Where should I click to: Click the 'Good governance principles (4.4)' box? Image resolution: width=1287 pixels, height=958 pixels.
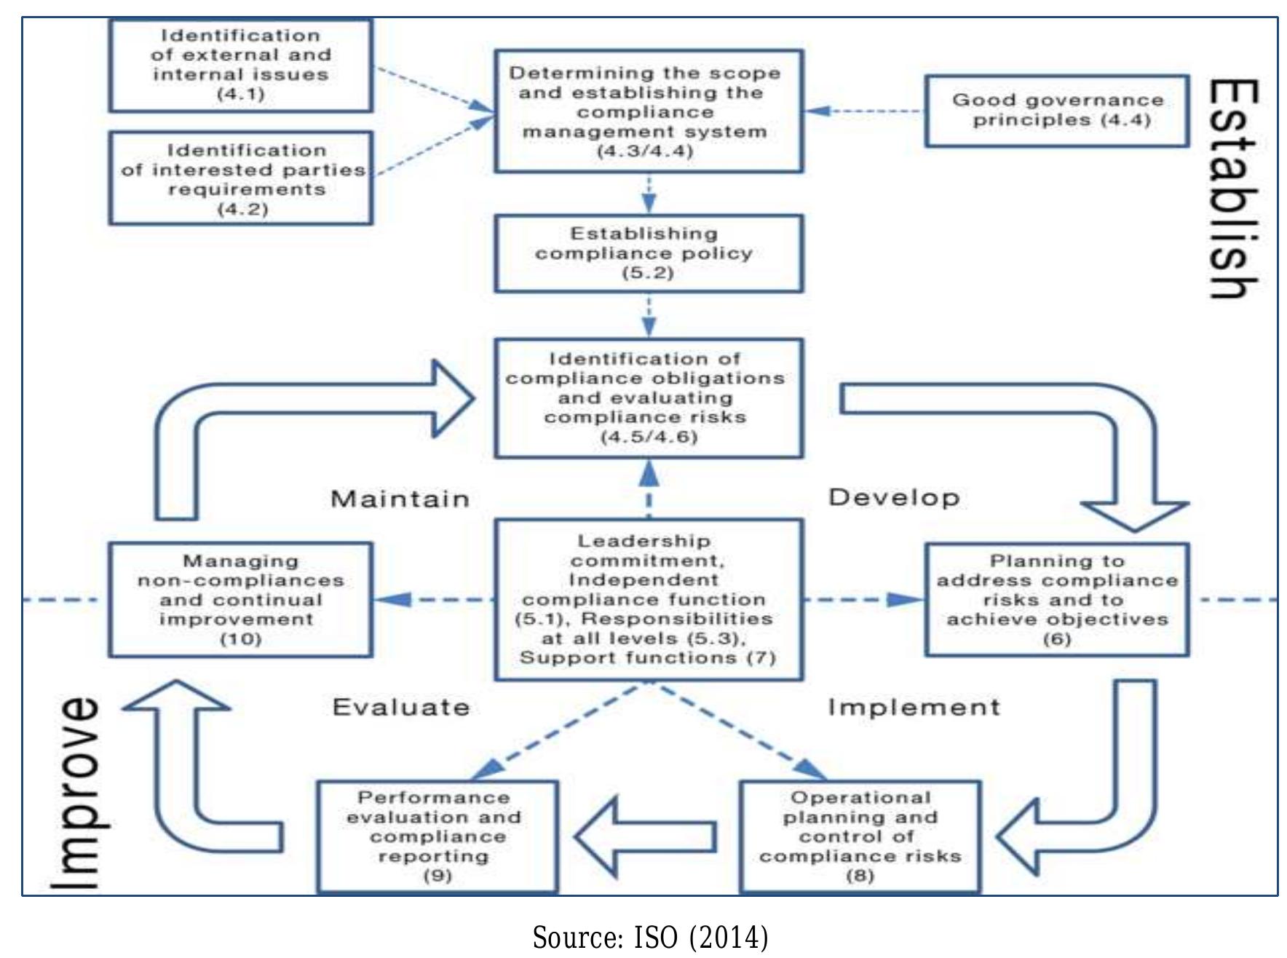(x=1056, y=111)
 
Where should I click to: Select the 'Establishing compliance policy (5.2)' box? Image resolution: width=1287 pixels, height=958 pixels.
(x=649, y=253)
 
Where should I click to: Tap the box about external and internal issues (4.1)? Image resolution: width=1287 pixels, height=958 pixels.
(x=240, y=65)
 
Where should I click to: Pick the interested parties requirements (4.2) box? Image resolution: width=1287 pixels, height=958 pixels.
(x=240, y=178)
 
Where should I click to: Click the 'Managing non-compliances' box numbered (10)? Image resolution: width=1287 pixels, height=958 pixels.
(x=240, y=600)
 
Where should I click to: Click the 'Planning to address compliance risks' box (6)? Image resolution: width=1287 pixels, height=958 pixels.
(x=1056, y=600)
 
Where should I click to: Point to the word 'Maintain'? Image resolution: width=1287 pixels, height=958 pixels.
(x=400, y=499)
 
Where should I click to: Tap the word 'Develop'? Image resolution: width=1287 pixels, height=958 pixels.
(x=894, y=498)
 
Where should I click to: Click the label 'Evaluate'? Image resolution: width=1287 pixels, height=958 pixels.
(x=401, y=708)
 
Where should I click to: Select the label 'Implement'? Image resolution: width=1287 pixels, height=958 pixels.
(x=914, y=708)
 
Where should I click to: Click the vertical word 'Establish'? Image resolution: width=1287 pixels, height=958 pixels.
(x=1233, y=189)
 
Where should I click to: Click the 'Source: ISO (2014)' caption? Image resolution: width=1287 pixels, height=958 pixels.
(x=650, y=938)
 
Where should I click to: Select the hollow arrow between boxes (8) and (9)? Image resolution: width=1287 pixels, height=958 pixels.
(x=644, y=836)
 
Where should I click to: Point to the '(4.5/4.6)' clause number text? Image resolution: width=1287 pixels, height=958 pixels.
(x=649, y=437)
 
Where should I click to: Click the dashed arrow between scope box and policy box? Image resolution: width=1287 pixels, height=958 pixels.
(x=649, y=193)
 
